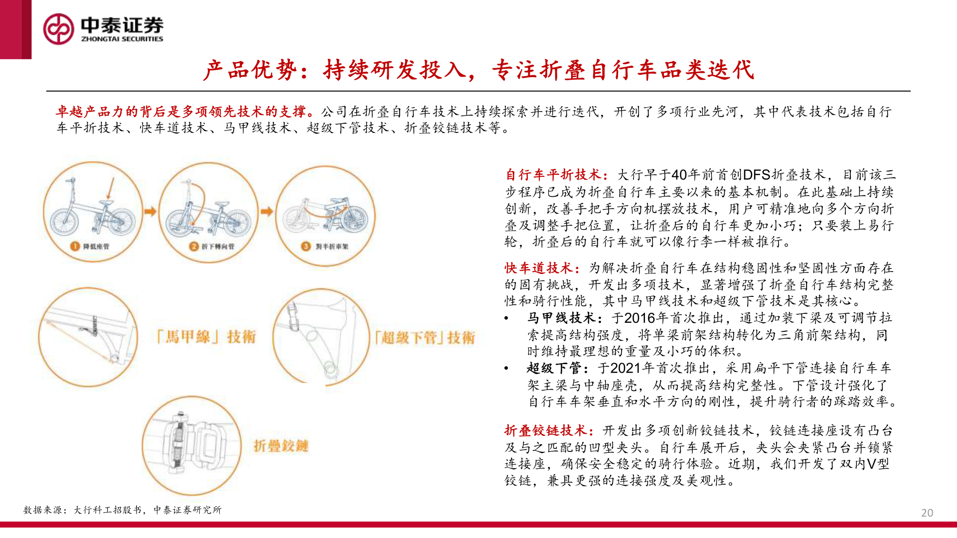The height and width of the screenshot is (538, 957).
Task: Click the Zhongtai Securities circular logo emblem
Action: (x=58, y=29)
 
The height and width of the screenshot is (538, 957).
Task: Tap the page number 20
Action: (x=927, y=513)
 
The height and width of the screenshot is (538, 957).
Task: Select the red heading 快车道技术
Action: (x=541, y=268)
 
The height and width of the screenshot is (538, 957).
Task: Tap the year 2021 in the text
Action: (x=626, y=369)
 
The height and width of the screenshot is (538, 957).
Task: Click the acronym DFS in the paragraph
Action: (x=757, y=175)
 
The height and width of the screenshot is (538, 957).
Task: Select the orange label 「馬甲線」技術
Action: (x=206, y=337)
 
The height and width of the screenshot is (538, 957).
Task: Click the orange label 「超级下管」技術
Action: (x=425, y=338)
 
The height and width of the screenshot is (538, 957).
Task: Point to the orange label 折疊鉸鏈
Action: (x=281, y=446)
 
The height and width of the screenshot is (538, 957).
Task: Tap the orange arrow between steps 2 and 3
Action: (x=267, y=212)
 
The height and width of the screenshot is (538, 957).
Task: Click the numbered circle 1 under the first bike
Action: (x=75, y=246)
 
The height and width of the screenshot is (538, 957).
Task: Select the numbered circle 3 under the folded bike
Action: (x=306, y=246)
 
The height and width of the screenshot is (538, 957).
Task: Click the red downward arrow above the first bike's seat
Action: (x=111, y=188)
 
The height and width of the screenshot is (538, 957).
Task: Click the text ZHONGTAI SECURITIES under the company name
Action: (x=122, y=39)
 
